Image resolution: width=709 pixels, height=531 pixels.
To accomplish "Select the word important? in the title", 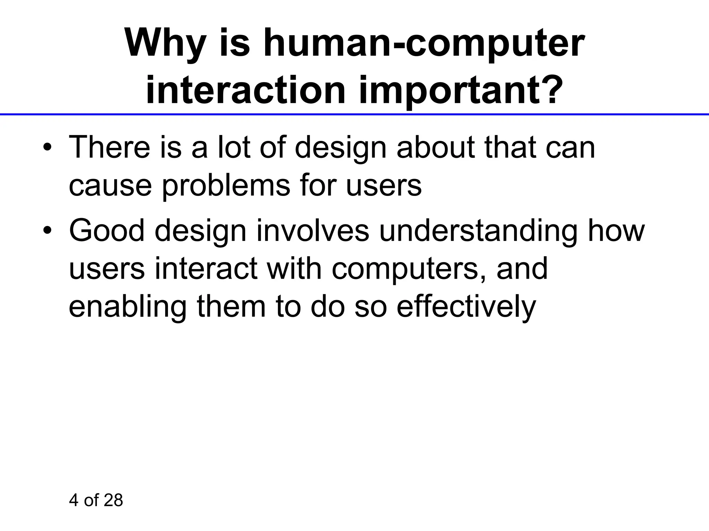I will pos(458,91).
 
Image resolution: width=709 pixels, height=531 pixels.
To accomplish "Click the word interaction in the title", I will pos(245,91).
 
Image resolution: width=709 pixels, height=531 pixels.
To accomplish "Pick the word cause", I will pos(110,186).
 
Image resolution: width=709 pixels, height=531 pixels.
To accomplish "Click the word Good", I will pos(107,231).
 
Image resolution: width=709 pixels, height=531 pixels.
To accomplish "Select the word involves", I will pos(313,231).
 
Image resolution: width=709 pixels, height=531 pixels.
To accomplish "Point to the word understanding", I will pos(478,231).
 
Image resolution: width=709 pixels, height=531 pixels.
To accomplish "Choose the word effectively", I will pos(466,307).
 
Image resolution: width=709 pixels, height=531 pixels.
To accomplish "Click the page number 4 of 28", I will pos(96,501).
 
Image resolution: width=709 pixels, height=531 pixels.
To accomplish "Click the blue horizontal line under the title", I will pos(354,114).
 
